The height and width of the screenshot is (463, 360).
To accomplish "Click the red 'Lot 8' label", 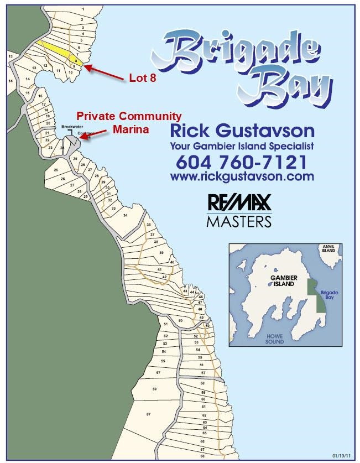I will (143, 79).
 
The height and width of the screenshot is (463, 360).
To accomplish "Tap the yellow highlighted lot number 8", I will (76, 60).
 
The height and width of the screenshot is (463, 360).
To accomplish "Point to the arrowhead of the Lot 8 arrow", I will (85, 66).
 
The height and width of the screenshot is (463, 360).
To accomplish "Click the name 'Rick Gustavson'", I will (242, 132).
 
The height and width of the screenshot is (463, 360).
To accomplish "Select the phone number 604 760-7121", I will (241, 162).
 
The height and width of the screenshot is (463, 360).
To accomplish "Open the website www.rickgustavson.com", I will (242, 176).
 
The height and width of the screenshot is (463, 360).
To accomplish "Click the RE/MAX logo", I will (239, 203).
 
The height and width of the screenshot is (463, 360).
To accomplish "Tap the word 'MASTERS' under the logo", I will (239, 221).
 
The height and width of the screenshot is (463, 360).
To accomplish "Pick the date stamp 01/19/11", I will (341, 456).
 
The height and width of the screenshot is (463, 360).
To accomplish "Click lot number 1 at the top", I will (82, 9).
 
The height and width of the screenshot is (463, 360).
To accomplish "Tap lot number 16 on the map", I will (40, 96).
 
